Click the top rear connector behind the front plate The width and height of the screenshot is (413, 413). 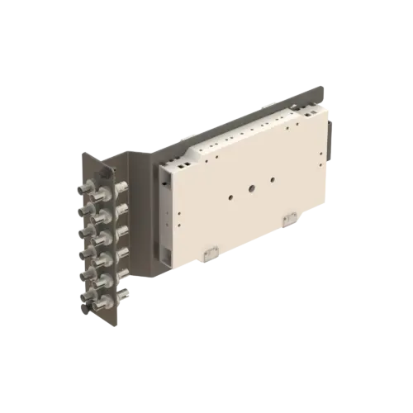coord(122,188)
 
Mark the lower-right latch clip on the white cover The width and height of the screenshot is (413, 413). coord(288,218)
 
